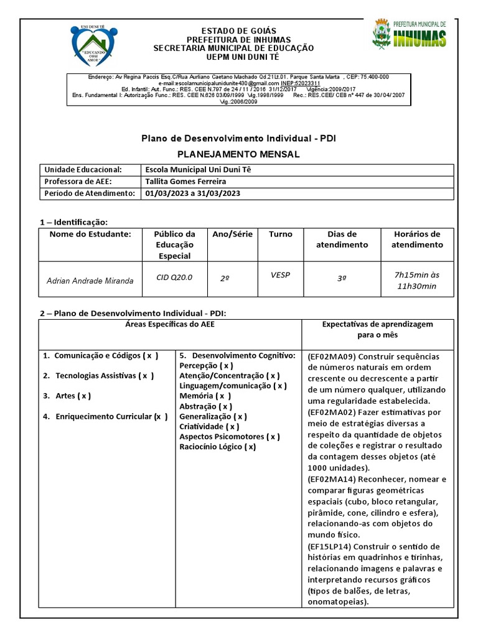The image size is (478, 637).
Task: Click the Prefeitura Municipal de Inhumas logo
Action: click(x=409, y=34)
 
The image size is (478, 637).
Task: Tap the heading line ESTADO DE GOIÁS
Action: click(x=233, y=31)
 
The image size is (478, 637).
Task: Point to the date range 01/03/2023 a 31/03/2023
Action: click(x=192, y=193)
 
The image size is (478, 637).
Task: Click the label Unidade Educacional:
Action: click(x=82, y=170)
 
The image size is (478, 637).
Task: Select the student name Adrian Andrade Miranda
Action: click(x=90, y=281)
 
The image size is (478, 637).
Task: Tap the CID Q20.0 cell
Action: click(x=174, y=277)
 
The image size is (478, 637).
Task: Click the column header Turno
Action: click(x=280, y=235)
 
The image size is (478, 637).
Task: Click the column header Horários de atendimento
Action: click(x=416, y=239)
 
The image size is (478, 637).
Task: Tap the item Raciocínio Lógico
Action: click(x=217, y=447)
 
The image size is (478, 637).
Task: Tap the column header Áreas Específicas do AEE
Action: click(x=170, y=325)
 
